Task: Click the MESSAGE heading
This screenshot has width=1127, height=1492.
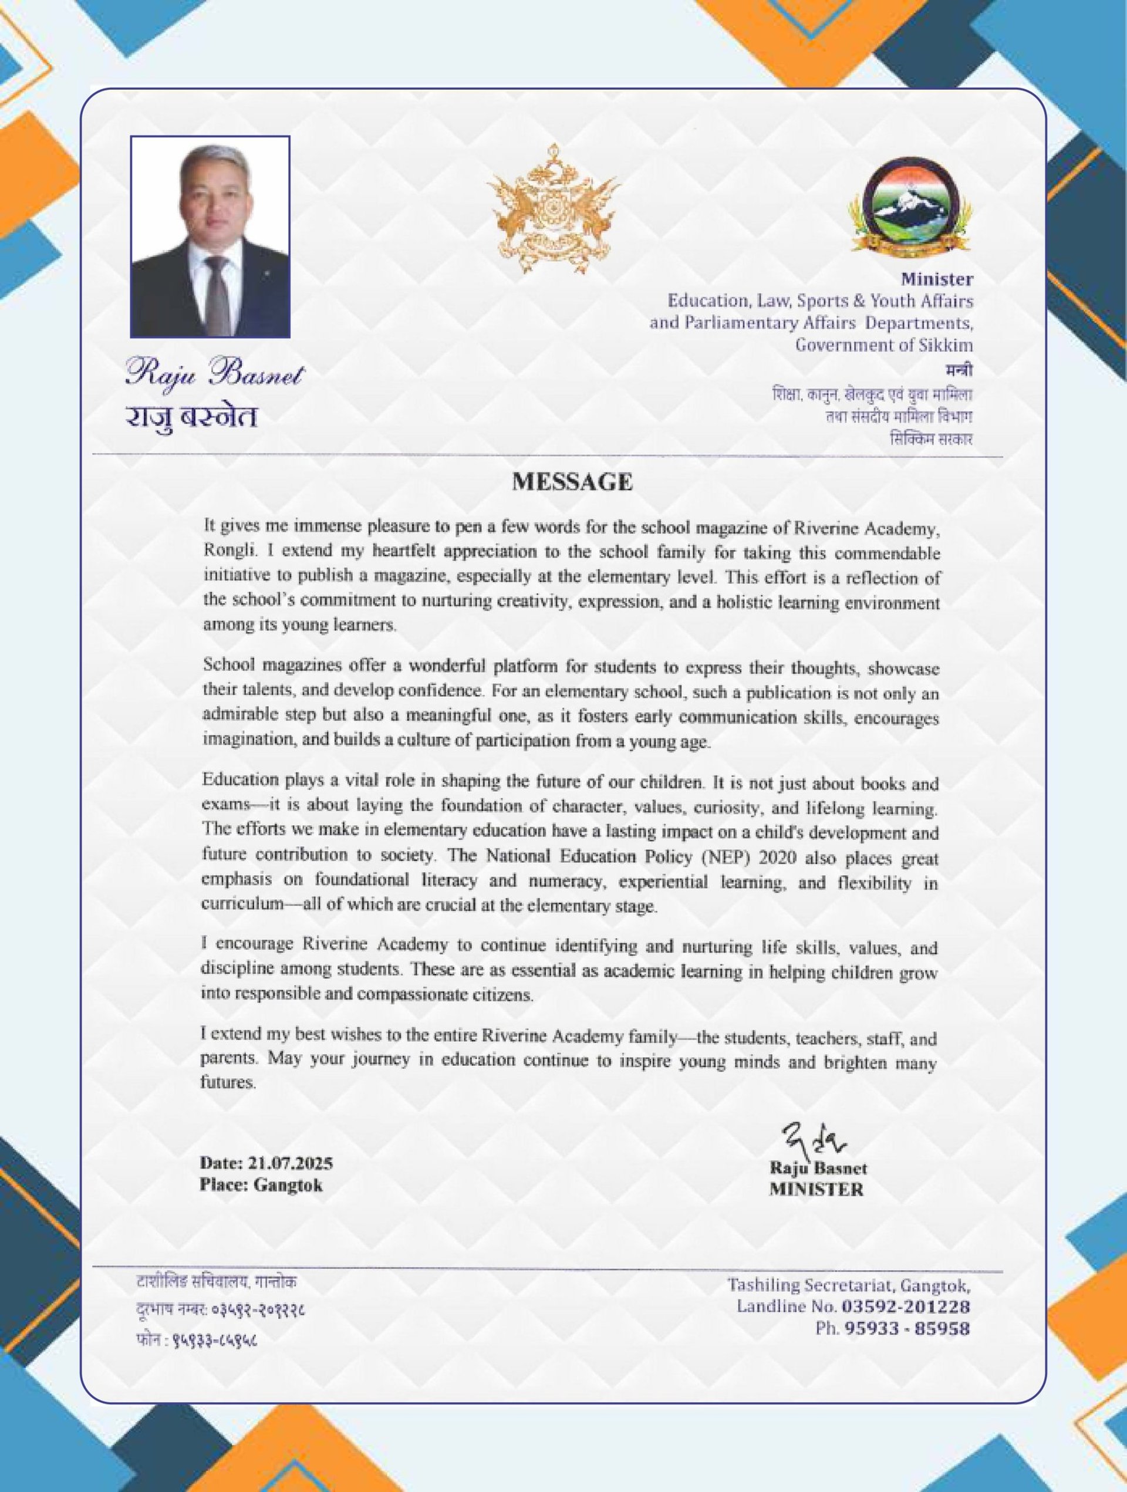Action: [x=572, y=482]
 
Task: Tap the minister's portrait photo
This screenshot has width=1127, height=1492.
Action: [x=210, y=237]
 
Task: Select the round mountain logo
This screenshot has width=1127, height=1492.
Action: [x=910, y=209]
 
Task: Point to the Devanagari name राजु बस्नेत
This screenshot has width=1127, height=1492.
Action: [x=191, y=417]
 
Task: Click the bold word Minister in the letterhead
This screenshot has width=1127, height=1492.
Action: [x=937, y=279]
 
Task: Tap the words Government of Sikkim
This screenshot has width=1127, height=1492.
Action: [x=883, y=345]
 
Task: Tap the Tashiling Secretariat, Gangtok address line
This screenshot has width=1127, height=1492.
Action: [x=848, y=1285]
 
